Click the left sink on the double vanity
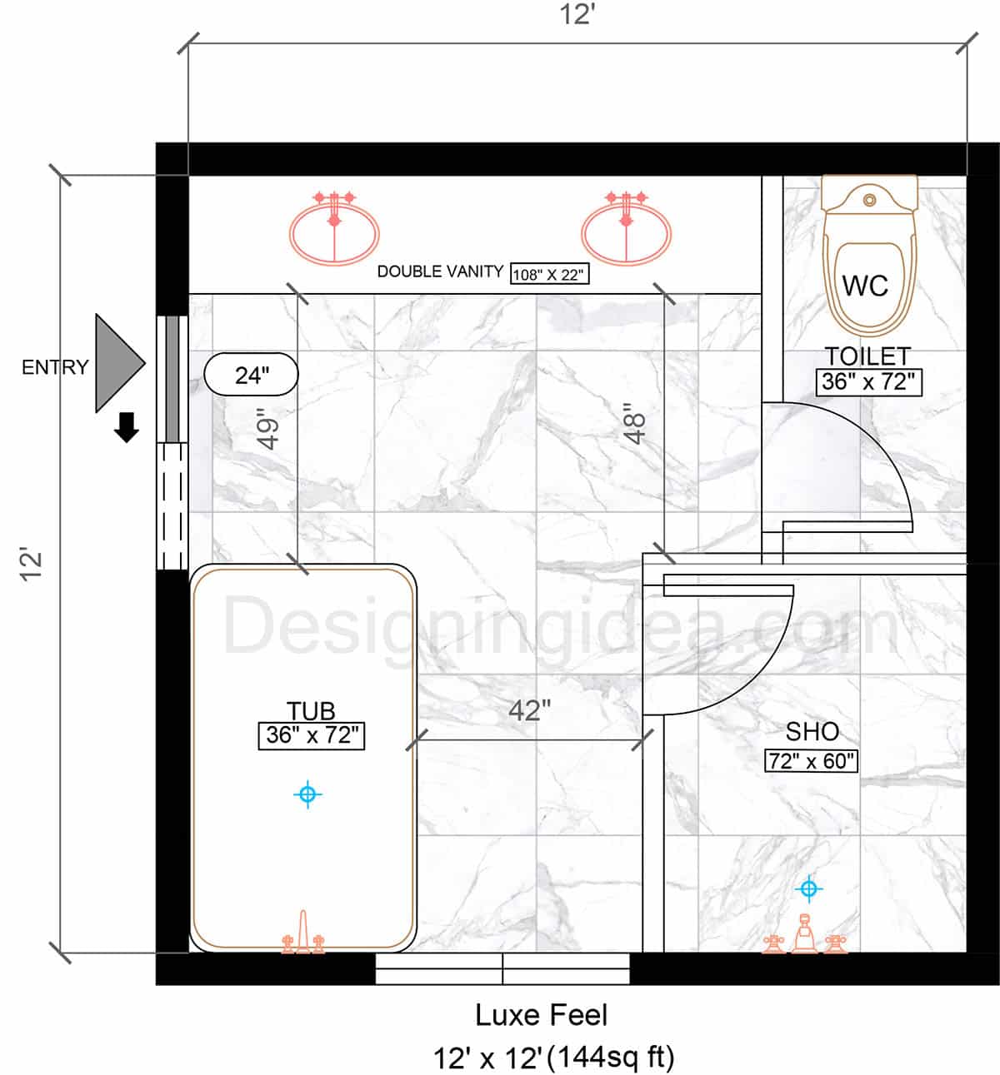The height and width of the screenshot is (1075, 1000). tap(334, 228)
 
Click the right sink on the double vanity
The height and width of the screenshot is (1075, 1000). tap(626, 228)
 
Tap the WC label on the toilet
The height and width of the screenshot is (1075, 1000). tap(865, 286)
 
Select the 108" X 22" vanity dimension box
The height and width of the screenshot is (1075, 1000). tap(549, 275)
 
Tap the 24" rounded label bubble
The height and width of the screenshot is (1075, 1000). tap(251, 375)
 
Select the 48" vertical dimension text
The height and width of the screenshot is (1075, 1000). tap(635, 424)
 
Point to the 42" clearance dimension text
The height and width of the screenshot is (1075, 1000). tap(529, 711)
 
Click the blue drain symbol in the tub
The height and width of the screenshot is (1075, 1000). tap(307, 794)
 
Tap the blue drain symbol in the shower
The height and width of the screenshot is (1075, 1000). tap(809, 888)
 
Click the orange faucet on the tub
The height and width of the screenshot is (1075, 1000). tap(302, 933)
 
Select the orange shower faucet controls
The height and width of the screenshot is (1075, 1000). tap(804, 934)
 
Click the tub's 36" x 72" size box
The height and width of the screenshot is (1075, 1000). tap(312, 736)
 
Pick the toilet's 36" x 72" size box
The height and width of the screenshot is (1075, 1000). tap(869, 382)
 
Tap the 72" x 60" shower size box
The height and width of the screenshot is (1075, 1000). tap(811, 761)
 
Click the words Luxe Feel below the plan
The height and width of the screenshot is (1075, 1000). tap(541, 1015)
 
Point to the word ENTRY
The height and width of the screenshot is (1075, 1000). tap(55, 367)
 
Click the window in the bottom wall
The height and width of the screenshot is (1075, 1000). tap(502, 969)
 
